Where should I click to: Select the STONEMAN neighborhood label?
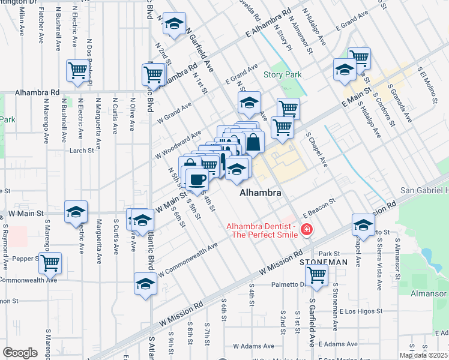point(324,262)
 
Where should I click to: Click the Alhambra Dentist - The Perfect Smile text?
point(262,230)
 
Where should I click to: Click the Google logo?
point(20,353)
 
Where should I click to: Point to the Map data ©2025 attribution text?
point(424,355)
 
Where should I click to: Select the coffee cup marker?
point(197,178)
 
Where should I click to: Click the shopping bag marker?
point(253,143)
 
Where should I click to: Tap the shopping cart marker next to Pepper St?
point(50,262)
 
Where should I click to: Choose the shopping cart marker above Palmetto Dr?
point(316,275)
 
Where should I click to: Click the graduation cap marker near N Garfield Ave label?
point(174,24)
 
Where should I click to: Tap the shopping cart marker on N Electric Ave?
point(77,70)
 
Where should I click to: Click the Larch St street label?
point(79,151)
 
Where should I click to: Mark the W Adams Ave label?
point(253,346)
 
